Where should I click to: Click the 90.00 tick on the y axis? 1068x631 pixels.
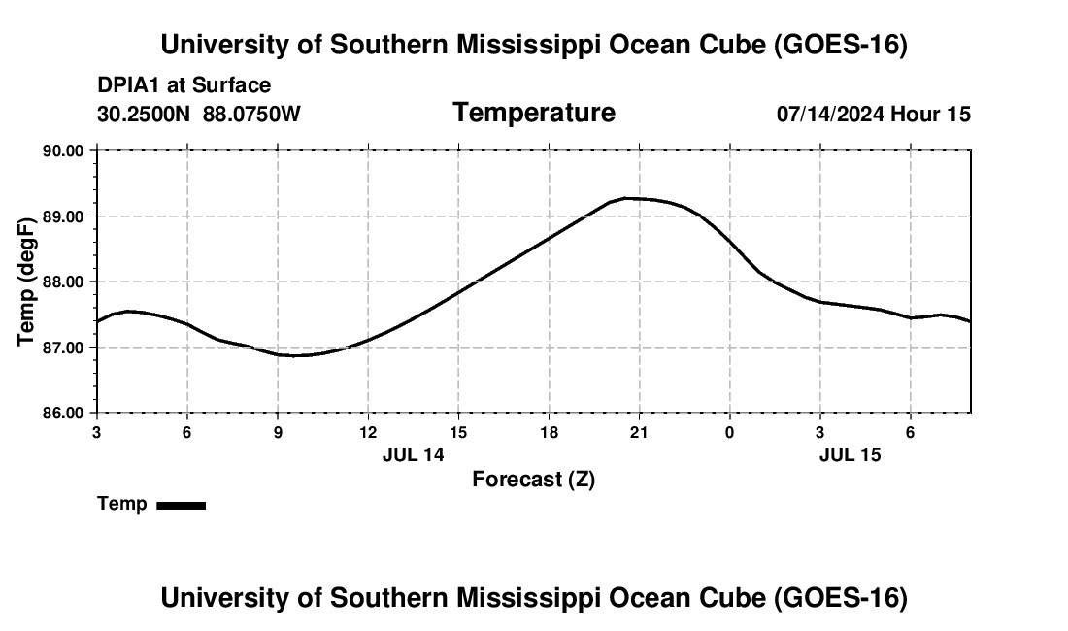(63, 150)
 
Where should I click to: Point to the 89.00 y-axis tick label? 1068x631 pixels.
(63, 216)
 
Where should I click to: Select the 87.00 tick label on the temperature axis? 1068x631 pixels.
(63, 348)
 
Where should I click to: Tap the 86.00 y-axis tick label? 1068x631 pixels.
(63, 414)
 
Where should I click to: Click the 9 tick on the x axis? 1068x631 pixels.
(278, 433)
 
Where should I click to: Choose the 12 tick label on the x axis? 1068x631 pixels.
(369, 433)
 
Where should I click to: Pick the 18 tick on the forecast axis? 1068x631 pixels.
(549, 433)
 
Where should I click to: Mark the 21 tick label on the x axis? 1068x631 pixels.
(639, 433)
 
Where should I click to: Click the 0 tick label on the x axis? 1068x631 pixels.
(729, 433)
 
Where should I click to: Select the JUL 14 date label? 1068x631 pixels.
(413, 454)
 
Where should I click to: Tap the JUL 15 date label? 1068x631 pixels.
(851, 454)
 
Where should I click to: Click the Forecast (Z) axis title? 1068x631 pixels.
(534, 480)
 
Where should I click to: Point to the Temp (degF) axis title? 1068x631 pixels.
(26, 282)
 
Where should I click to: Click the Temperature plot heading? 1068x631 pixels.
(534, 113)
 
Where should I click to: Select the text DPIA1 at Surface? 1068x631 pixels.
(184, 85)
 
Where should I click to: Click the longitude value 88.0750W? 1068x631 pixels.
(251, 114)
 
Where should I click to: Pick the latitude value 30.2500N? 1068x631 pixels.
(144, 114)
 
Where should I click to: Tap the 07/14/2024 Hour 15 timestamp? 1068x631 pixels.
(873, 114)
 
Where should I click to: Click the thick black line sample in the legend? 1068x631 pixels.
(182, 506)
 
